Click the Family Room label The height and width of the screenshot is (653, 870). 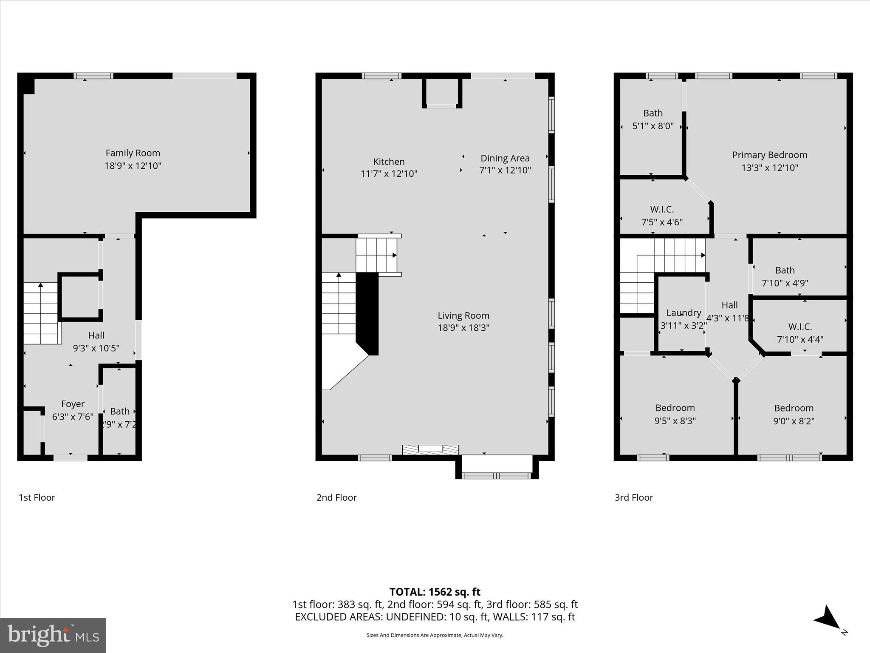click(133, 153)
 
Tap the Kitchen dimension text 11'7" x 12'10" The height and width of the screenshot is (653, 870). click(389, 174)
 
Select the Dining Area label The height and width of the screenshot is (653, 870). click(505, 158)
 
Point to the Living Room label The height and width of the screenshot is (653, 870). click(463, 315)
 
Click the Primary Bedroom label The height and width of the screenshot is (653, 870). click(769, 155)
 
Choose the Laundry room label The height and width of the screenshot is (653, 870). click(683, 313)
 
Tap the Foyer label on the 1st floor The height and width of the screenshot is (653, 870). click(73, 404)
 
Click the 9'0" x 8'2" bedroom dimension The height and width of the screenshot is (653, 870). click(794, 421)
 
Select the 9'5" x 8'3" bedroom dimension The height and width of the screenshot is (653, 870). click(675, 421)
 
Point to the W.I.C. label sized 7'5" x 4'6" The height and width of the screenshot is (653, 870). click(661, 210)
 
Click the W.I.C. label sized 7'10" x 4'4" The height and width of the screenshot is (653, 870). click(800, 326)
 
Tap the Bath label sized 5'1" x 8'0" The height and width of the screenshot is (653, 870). click(652, 113)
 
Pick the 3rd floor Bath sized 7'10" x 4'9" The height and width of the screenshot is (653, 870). click(785, 270)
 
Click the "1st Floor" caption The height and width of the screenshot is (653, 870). click(37, 497)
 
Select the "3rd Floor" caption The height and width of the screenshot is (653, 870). click(633, 497)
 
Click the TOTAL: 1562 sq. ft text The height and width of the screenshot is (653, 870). click(435, 592)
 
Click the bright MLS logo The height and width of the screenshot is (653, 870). click(53, 635)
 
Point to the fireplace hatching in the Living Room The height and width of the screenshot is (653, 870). click(430, 449)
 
